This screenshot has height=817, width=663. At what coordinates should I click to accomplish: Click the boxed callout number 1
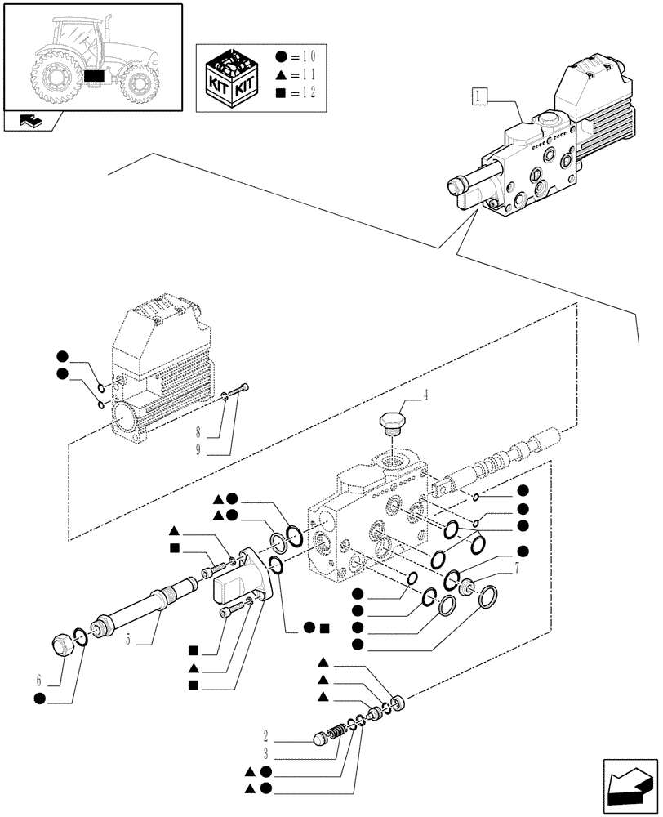click(479, 99)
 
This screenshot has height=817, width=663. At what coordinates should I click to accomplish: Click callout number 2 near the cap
click(267, 735)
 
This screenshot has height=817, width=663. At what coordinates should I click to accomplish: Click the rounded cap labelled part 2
click(322, 740)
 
